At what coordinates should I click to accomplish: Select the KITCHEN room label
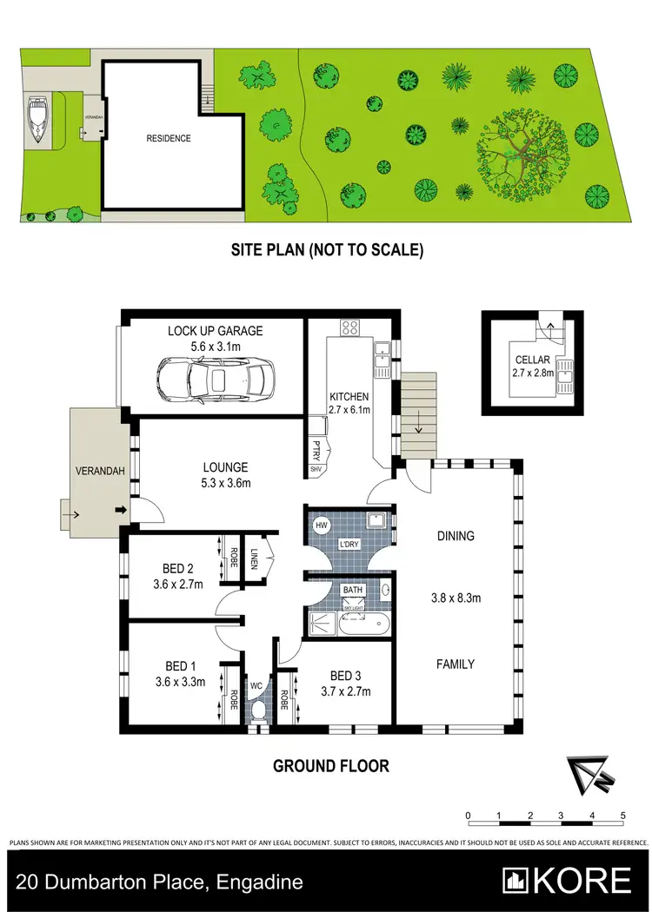pos(349,397)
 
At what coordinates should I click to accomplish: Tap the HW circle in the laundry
pos(321,525)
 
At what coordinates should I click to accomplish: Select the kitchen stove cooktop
pos(351,327)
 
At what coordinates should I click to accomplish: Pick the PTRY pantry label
pos(315,451)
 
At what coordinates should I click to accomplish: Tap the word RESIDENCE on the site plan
pos(169,138)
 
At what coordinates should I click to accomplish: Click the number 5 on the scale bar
pos(623,816)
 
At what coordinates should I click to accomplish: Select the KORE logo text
pos(570,881)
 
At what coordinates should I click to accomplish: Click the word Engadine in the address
pos(258,882)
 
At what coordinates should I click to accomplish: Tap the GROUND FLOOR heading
pos(330,765)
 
